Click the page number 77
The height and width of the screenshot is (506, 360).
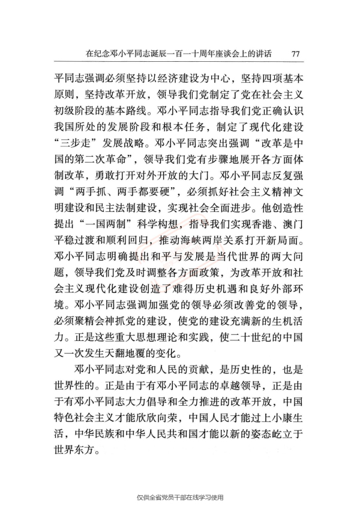pos(295,54)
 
